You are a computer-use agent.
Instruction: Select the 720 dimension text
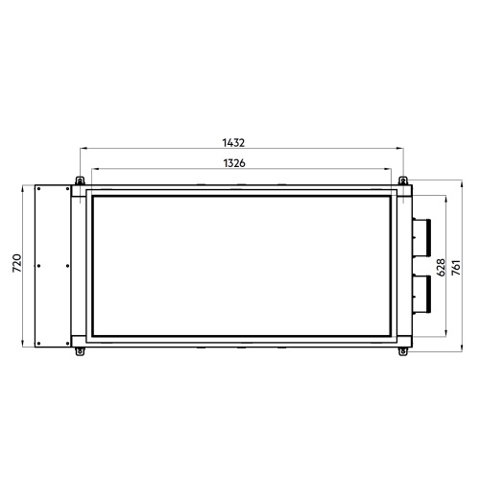coord(12,265)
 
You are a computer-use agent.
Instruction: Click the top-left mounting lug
coord(76,180)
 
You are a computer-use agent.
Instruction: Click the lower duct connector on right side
coord(422,294)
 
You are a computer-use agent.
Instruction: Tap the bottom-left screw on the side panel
coord(37,341)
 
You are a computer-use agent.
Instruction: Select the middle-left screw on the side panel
coord(37,266)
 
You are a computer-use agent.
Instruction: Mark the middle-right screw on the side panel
coord(68,266)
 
